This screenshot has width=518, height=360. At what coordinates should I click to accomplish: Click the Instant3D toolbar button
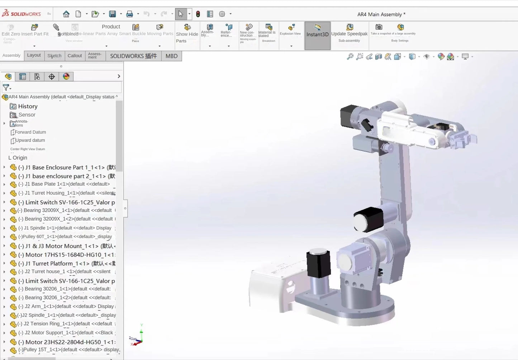click(x=317, y=35)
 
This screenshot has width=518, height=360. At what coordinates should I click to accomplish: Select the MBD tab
click(x=171, y=56)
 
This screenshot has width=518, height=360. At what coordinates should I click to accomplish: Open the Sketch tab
click(x=54, y=56)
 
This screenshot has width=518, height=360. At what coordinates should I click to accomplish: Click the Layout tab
click(x=34, y=55)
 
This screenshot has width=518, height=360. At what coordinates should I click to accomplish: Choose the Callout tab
click(x=75, y=56)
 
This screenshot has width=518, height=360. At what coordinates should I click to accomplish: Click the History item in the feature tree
click(x=28, y=106)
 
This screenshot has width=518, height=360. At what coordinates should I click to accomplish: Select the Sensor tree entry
click(x=27, y=115)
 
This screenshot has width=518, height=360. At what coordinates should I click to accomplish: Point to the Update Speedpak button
click(x=350, y=33)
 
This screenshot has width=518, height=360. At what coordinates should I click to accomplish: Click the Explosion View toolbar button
click(x=290, y=30)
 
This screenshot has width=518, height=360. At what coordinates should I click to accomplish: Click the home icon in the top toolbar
click(x=66, y=14)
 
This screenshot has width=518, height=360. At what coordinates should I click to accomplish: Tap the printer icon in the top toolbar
click(x=129, y=14)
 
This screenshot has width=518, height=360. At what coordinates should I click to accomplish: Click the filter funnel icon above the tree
click(x=6, y=87)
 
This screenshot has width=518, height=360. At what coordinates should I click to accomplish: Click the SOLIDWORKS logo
click(x=22, y=14)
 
